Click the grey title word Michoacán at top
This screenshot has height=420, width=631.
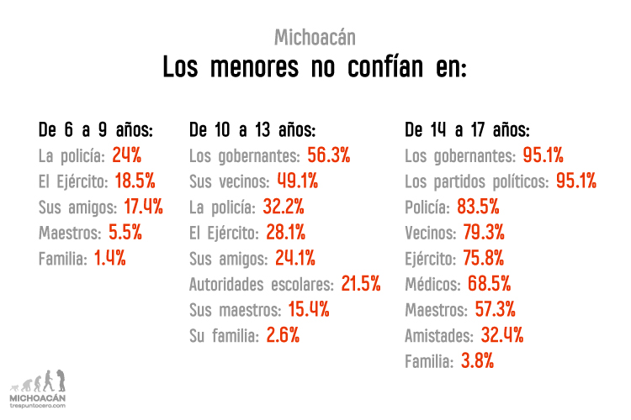click(315, 38)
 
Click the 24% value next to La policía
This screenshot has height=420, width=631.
click(126, 155)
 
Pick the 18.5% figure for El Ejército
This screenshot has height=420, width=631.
click(135, 181)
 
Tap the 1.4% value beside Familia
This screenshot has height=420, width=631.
click(109, 259)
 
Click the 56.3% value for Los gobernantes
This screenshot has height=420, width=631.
click(328, 155)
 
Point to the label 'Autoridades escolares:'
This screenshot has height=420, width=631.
click(262, 285)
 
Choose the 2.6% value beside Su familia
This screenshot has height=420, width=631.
click(282, 336)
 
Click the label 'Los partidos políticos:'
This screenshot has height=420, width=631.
click(476, 181)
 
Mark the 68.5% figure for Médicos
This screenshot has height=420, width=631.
click(489, 285)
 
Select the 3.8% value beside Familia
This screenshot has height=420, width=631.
click(476, 362)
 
